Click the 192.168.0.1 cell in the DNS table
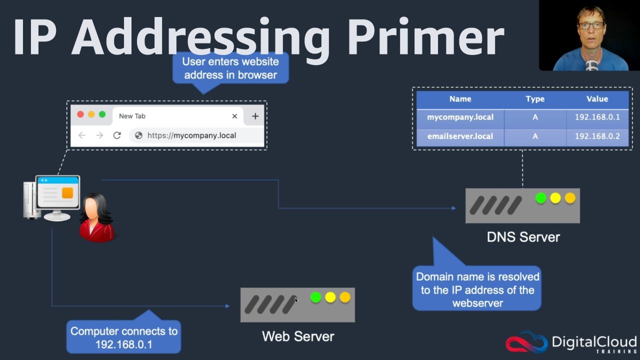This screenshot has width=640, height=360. click(x=597, y=117)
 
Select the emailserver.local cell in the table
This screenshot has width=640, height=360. click(x=460, y=136)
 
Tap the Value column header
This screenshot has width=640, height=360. click(x=597, y=99)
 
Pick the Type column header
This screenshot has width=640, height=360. click(x=534, y=99)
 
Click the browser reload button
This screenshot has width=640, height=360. click(x=117, y=135)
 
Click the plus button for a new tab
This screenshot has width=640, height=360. click(x=255, y=116)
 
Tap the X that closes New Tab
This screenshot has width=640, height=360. click(x=234, y=116)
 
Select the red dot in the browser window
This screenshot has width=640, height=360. click(x=80, y=114)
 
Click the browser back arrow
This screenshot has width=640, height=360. click(x=82, y=135)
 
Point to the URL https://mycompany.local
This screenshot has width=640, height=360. click(x=191, y=135)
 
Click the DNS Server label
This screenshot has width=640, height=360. click(x=523, y=236)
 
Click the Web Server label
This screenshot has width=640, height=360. click(x=298, y=336)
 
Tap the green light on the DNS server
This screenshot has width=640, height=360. click(x=540, y=198)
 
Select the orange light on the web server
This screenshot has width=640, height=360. click(x=345, y=297)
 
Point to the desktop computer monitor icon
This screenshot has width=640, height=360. click(x=57, y=192)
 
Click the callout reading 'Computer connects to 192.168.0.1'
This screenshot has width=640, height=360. click(x=123, y=337)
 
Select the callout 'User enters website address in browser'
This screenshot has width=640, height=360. click(x=230, y=68)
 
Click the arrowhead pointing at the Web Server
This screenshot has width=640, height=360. click(x=227, y=306)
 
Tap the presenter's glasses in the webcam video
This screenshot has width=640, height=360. click(x=591, y=24)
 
